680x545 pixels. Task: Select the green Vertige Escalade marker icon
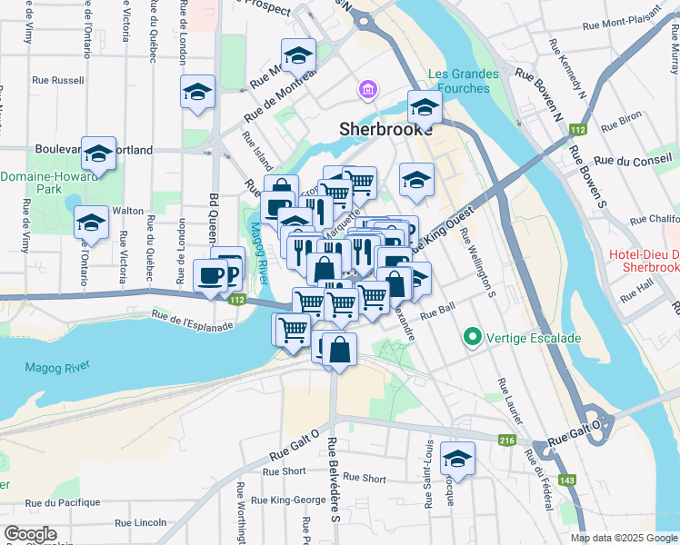coord(471,338)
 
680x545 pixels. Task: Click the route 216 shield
coord(507,441)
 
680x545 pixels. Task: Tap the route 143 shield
coord(568,479)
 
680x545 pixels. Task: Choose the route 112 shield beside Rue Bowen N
coord(577,131)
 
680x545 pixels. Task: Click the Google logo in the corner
coord(30,533)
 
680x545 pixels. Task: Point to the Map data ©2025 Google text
coord(623,538)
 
